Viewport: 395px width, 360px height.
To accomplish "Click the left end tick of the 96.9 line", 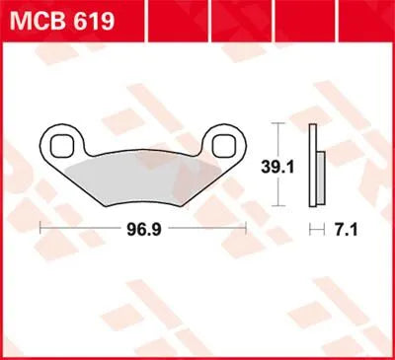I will [40, 227].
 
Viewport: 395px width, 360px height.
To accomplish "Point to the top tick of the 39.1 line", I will [279, 125].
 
